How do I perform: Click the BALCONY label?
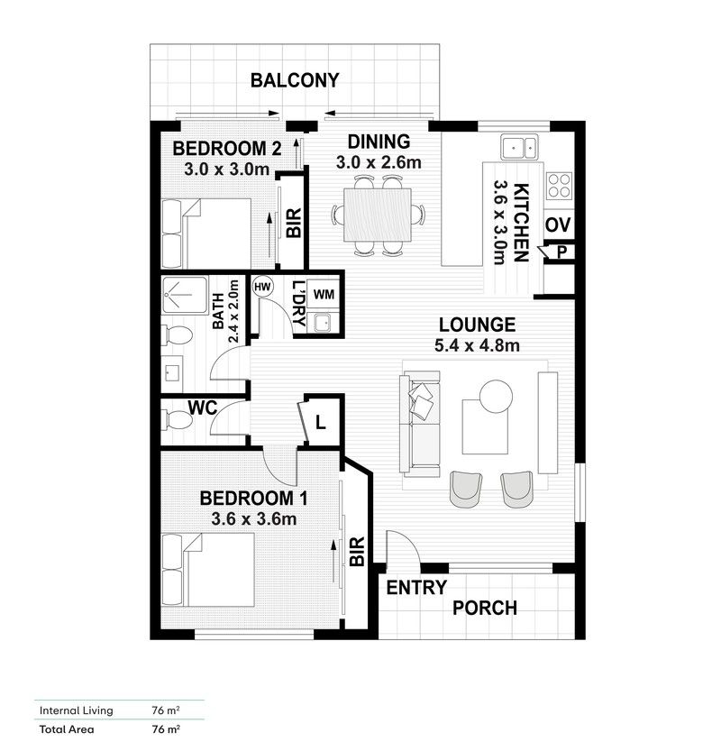coord(295,80)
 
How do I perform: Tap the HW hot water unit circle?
coord(262,287)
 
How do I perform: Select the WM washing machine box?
coord(323,293)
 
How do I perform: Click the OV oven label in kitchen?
coord(556,224)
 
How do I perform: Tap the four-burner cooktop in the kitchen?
coord(559,185)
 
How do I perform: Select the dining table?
coord(379,215)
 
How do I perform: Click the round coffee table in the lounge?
coord(494,395)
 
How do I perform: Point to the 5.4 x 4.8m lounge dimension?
coord(477,344)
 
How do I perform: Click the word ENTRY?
coord(416,588)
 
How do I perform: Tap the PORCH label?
coord(485,608)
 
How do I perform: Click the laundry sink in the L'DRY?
coord(322,323)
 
